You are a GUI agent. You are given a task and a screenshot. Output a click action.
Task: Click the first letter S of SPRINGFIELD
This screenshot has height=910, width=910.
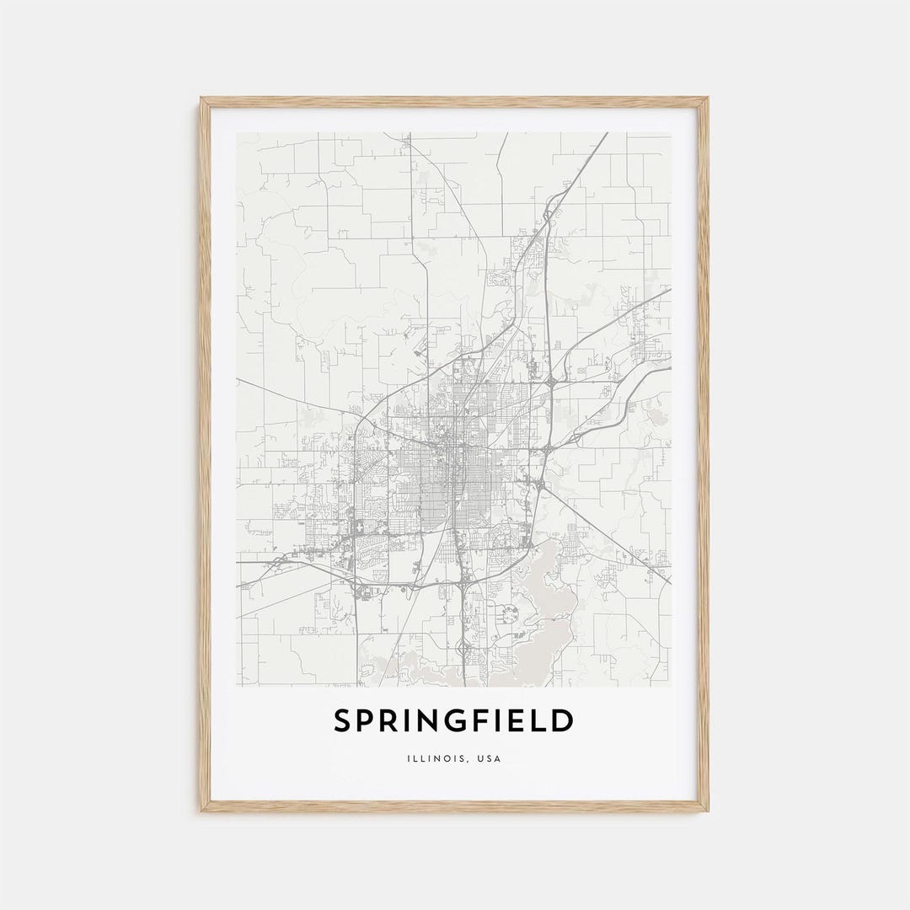click(x=342, y=721)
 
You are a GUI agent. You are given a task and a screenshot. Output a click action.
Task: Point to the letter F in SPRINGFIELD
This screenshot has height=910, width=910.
click(x=480, y=721)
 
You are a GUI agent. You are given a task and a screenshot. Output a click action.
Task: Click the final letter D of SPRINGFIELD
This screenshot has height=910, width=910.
click(x=563, y=721)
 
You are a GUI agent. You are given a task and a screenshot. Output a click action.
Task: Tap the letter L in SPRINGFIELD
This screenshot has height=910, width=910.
click(x=539, y=721)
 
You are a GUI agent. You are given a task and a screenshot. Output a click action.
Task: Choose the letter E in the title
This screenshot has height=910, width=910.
click(x=517, y=721)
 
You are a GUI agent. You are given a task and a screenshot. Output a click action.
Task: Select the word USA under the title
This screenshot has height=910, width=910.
click(x=489, y=759)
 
